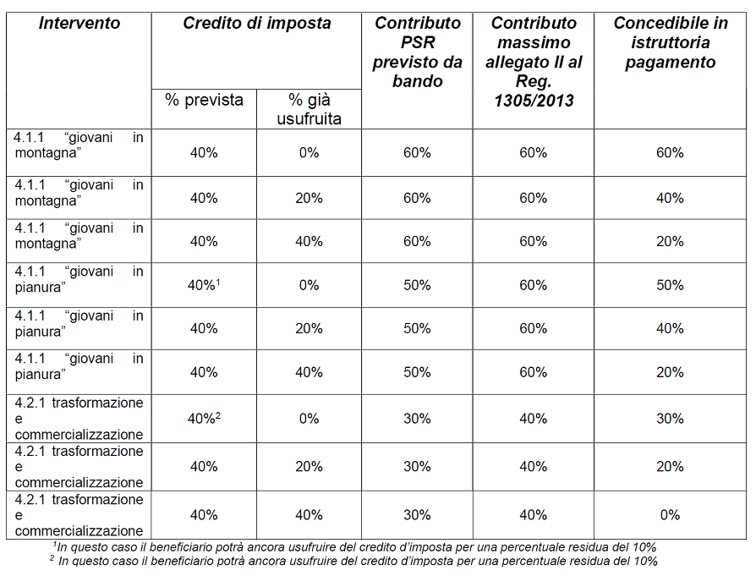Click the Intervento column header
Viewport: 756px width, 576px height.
[x=79, y=23]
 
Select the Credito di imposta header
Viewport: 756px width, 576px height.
[x=256, y=23]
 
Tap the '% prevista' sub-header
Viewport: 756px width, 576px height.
[x=204, y=100]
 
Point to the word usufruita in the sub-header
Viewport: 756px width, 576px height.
[x=309, y=118]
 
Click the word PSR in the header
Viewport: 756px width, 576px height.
[x=418, y=42]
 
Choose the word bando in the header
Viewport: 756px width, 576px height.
[x=418, y=81]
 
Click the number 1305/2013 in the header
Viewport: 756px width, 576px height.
[x=534, y=101]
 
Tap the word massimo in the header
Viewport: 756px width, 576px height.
[x=534, y=42]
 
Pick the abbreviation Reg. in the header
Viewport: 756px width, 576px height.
[x=534, y=81]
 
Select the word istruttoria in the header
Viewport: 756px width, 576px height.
[x=671, y=42]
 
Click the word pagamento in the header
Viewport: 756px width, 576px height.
[x=671, y=63]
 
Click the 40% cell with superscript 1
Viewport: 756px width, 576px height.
[x=204, y=285]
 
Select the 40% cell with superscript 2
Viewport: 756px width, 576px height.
[x=204, y=418]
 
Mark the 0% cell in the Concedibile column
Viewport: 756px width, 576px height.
[x=671, y=515]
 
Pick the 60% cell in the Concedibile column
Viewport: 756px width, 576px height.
[x=671, y=152]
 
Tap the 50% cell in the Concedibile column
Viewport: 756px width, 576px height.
[x=671, y=285]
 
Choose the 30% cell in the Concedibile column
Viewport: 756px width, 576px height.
[x=671, y=418]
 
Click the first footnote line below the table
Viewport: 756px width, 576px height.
[x=354, y=547]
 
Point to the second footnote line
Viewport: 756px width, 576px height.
[x=353, y=561]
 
